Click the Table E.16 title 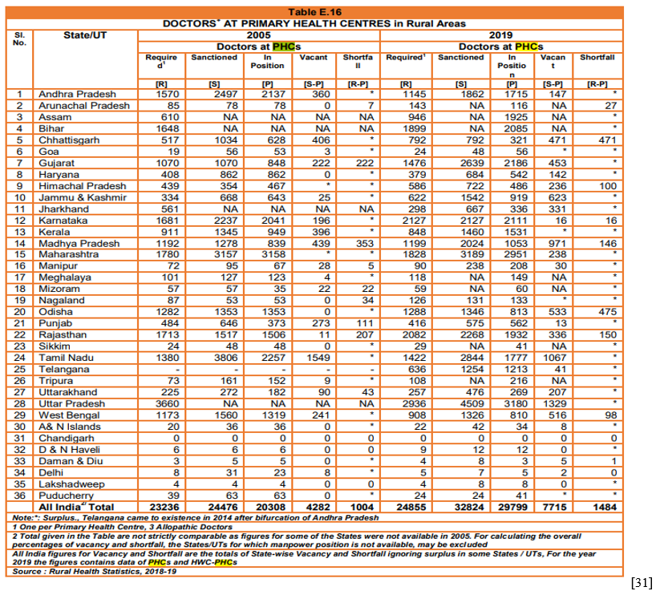coord(314,12)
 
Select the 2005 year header coord(258,35)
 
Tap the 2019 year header coord(500,35)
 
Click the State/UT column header coord(85,35)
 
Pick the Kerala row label coord(55,232)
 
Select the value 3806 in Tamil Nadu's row coord(225,358)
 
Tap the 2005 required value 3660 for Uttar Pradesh coord(167,404)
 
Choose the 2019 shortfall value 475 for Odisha coord(607,312)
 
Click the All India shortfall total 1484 coord(605,507)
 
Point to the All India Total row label coord(76,507)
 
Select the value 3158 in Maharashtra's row coord(273,254)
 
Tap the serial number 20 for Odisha coord(20,312)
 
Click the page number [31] coord(642,582)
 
